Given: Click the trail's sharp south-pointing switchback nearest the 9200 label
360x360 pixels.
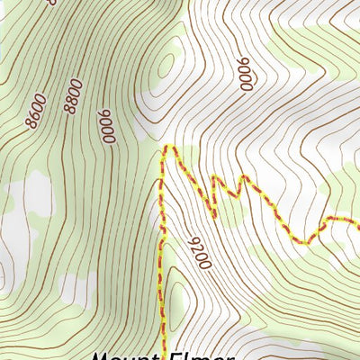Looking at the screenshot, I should [214, 215].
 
